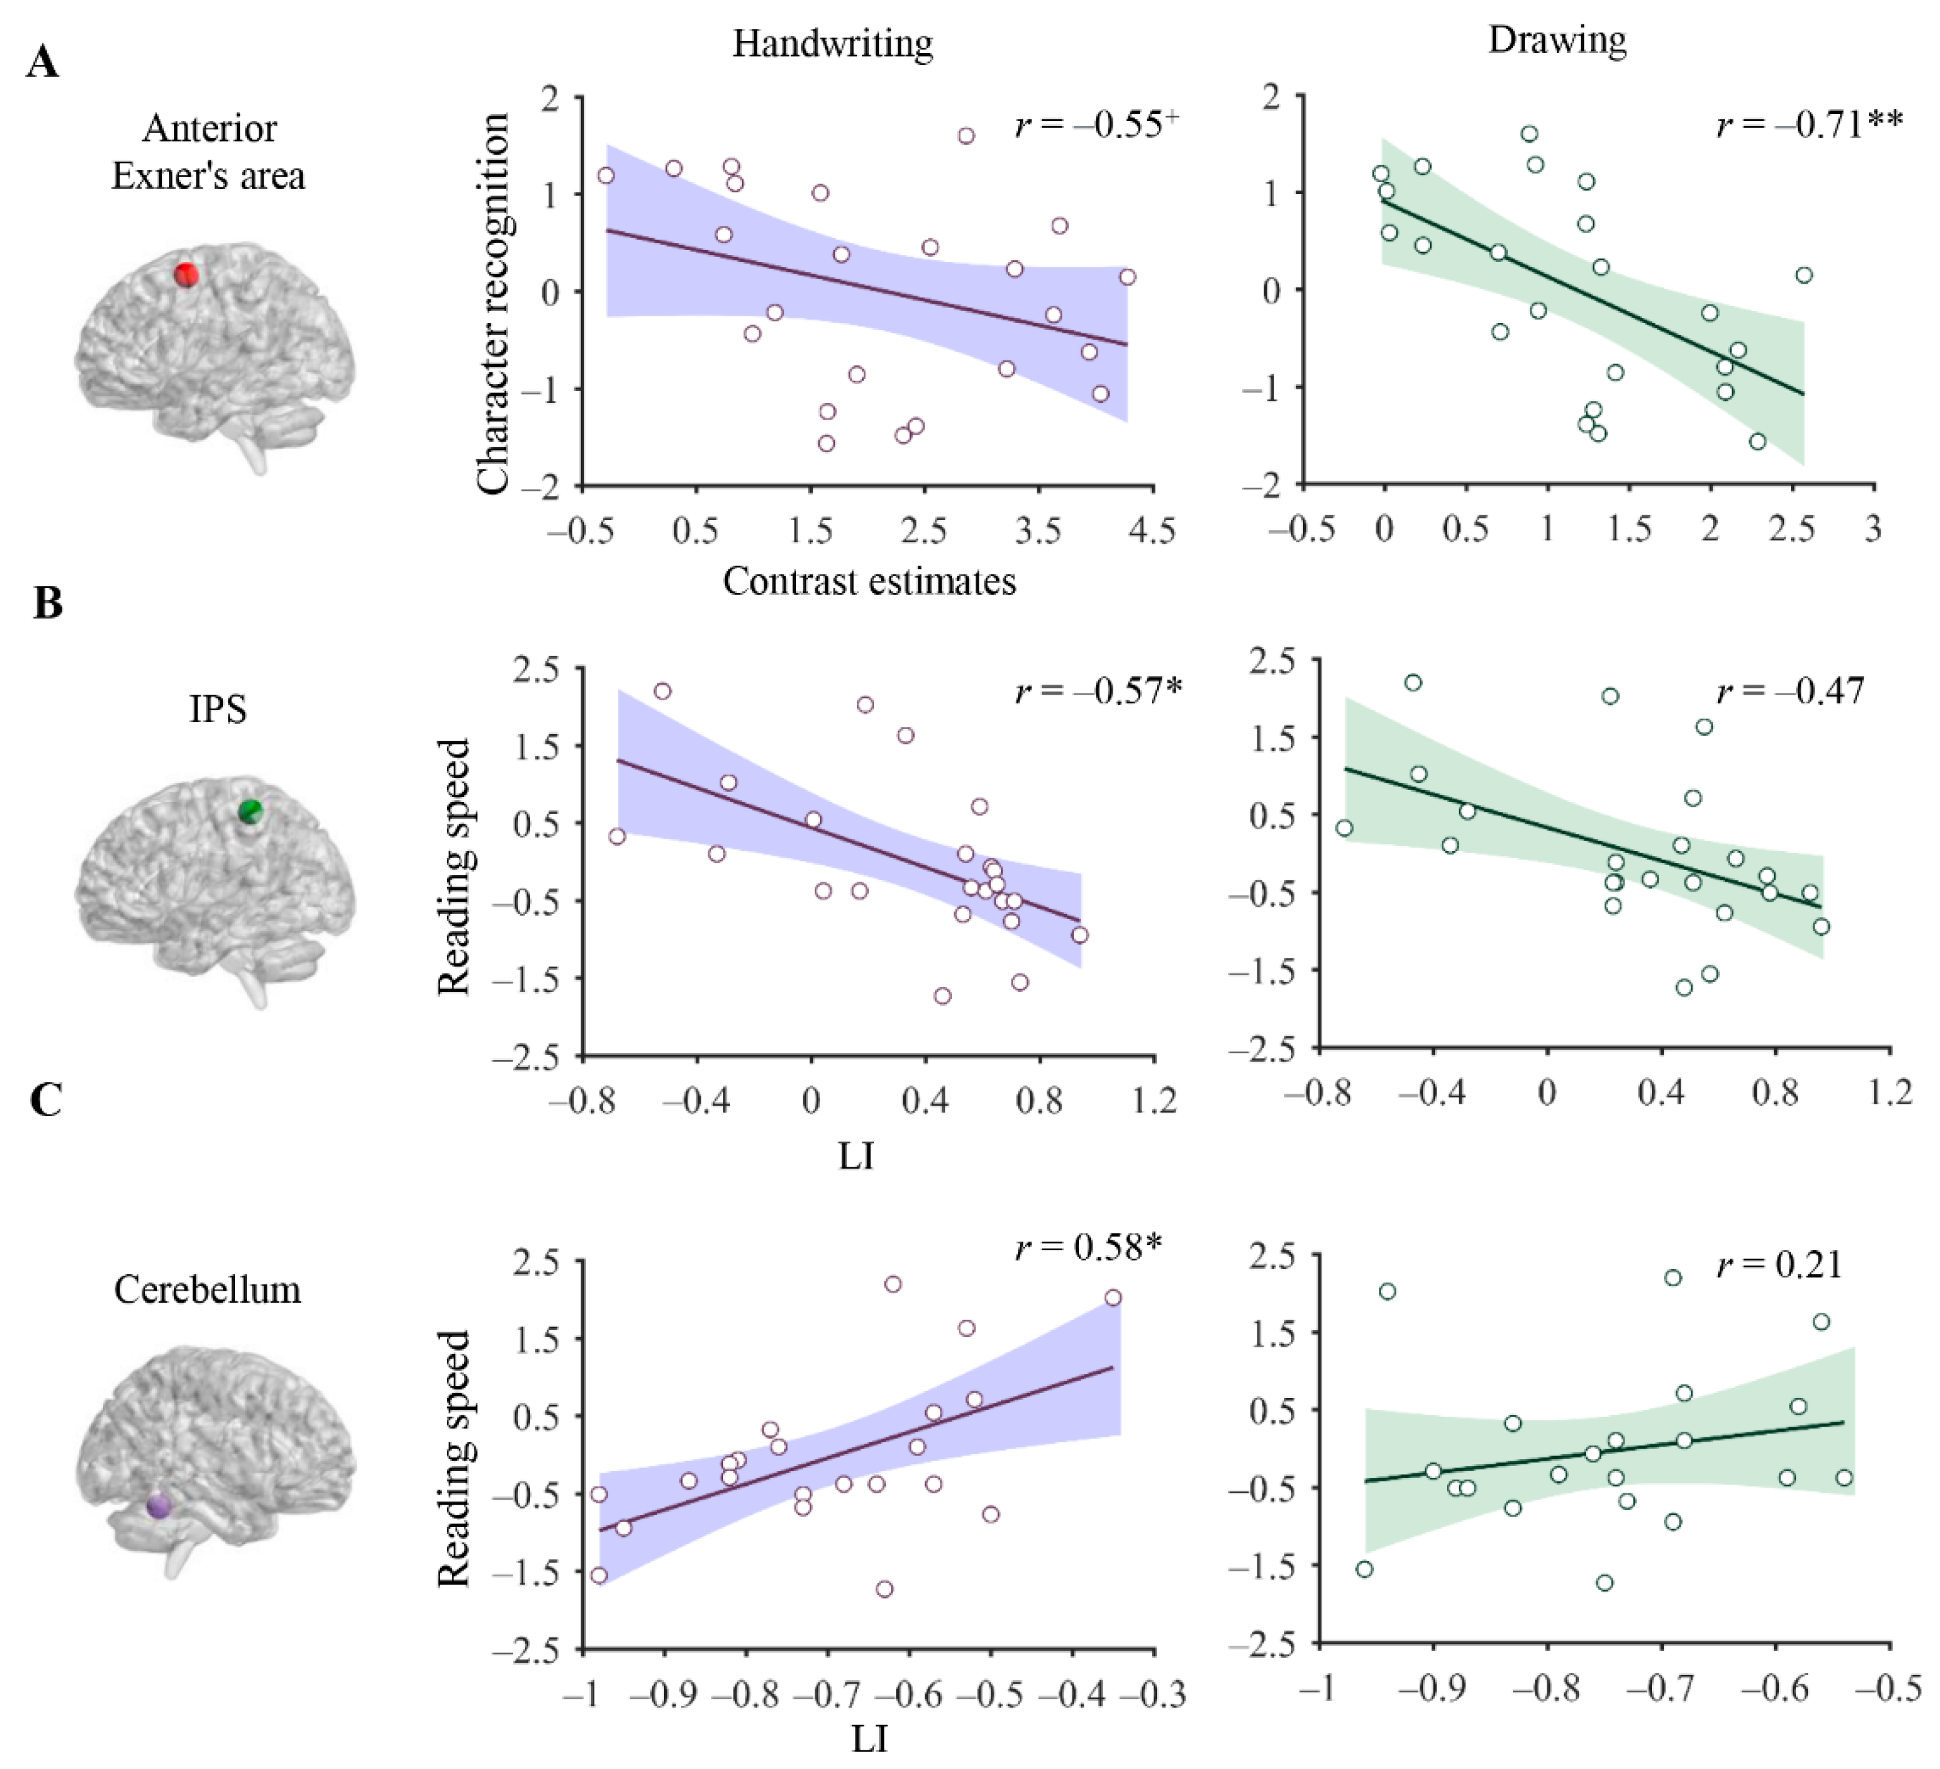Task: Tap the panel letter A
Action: point(42,64)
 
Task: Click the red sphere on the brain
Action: point(186,274)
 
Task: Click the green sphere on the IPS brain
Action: point(250,811)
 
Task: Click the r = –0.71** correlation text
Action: point(1809,125)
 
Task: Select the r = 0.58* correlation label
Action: point(1088,1247)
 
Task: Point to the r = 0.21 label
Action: point(1780,1265)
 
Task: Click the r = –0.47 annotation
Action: point(1791,691)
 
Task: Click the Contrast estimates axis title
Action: point(869,581)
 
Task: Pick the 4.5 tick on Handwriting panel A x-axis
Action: point(1152,530)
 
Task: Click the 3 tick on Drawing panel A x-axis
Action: point(1873,528)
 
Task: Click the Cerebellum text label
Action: point(207,1289)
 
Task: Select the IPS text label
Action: point(218,710)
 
